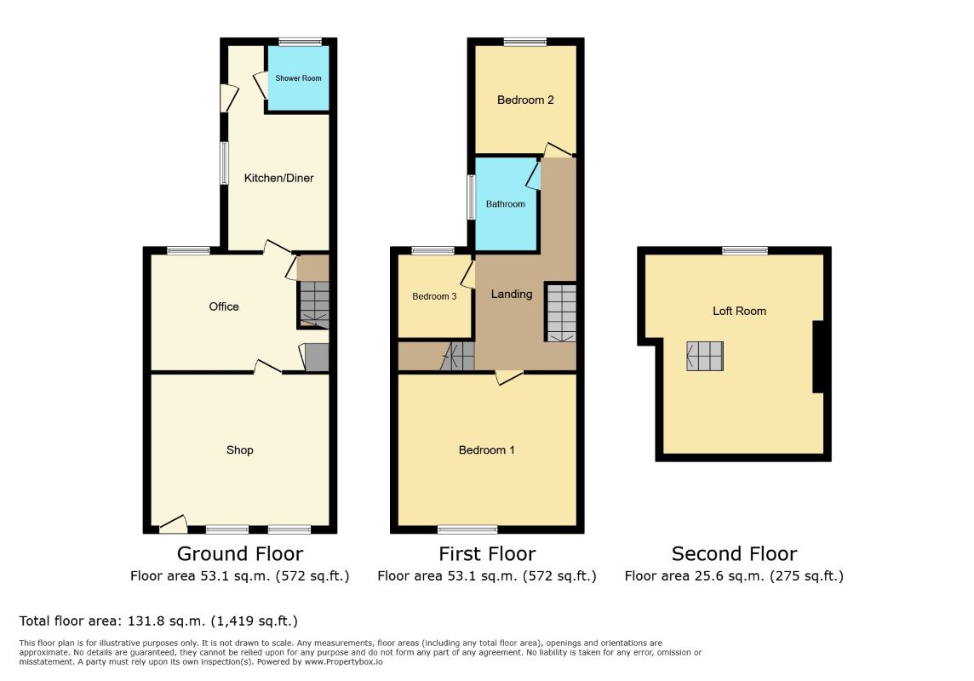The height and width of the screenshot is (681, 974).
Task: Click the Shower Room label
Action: click(298, 78)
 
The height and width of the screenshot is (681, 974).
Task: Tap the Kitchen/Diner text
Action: click(279, 178)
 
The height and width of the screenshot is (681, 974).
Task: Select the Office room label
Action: click(224, 306)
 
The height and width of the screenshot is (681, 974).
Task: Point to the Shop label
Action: click(240, 450)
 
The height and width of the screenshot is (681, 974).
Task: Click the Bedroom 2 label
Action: click(525, 100)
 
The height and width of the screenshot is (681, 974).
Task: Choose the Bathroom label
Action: click(506, 203)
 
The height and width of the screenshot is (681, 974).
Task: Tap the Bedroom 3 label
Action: click(434, 297)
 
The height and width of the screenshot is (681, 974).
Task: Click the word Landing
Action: click(512, 295)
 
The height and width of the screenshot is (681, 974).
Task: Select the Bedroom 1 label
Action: click(486, 450)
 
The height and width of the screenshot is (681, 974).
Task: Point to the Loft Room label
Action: click(739, 311)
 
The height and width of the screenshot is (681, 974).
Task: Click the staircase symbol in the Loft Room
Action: click(705, 357)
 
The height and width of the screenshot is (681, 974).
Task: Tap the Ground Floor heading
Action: click(240, 553)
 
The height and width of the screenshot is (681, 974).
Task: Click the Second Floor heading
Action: click(734, 553)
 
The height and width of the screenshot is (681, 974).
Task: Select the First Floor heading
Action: click(487, 553)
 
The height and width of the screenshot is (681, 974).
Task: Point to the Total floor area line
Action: click(158, 621)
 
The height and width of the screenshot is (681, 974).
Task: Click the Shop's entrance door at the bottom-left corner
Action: click(174, 524)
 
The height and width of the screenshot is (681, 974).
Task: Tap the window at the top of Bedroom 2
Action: click(525, 43)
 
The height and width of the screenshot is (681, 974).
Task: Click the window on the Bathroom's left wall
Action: click(471, 197)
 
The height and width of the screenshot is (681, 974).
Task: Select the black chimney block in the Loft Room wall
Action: click(819, 357)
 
